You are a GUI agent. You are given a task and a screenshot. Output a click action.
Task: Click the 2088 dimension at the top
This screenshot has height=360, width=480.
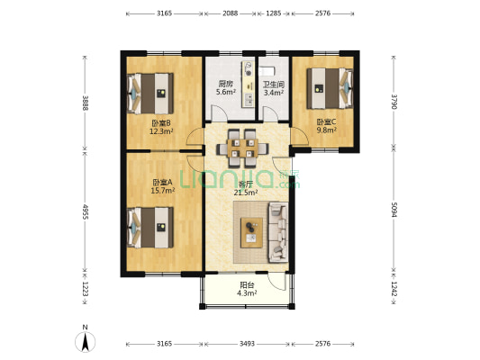tap(230, 13)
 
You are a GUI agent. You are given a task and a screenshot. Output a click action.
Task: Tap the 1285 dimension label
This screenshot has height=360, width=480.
tap(274, 13)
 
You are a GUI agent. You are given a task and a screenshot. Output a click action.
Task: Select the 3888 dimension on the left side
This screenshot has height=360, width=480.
tap(86, 103)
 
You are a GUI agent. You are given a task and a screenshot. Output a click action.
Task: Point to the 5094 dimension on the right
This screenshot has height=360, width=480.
tap(394, 210)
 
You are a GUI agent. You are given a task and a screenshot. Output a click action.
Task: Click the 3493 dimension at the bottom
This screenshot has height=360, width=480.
tap(247, 344)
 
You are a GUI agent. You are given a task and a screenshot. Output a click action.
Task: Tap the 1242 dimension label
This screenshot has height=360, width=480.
tap(394, 289)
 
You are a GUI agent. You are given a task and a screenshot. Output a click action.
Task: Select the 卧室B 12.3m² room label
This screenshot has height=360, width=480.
tap(161, 127)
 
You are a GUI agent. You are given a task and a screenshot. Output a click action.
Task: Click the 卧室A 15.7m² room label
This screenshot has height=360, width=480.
tap(162, 186)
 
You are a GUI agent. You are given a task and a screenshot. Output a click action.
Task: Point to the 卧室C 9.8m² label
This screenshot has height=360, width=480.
tap(327, 126)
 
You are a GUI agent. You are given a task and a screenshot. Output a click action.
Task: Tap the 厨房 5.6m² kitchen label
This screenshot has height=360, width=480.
tap(226, 88)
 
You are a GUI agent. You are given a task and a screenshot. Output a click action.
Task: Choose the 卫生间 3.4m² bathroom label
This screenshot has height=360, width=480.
tap(274, 88)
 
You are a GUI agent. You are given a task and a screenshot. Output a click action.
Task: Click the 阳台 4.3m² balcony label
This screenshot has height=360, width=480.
tap(247, 289)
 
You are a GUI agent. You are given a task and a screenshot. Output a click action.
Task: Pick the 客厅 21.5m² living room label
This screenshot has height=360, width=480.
tap(246, 188)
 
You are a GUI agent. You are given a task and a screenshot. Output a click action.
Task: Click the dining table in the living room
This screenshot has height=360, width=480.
tap(243, 148)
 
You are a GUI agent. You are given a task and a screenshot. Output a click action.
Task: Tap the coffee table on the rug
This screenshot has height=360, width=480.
tap(251, 232)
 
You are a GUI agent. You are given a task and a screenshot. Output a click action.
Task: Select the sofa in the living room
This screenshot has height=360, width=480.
tap(278, 232)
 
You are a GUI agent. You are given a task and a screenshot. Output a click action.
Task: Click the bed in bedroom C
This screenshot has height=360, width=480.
tap(330, 88)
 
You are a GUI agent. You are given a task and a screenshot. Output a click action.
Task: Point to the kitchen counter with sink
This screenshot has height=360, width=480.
tap(248, 84)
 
